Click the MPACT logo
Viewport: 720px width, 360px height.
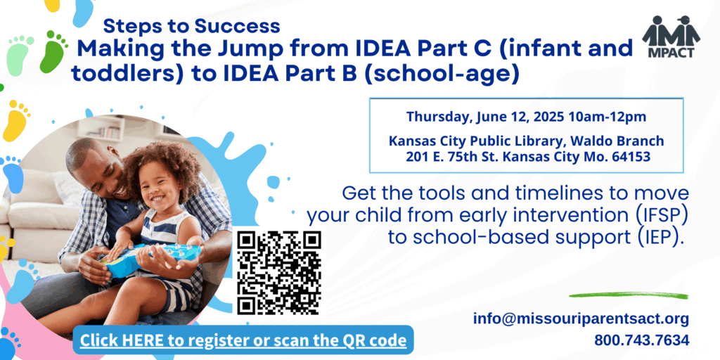click(671, 37)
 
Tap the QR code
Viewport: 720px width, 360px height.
click(279, 272)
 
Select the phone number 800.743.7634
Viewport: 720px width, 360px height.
click(641, 340)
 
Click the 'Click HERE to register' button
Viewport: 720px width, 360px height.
click(243, 340)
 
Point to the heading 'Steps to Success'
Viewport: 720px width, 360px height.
click(191, 26)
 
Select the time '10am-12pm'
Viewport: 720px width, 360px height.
click(607, 117)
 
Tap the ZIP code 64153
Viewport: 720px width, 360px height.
click(631, 157)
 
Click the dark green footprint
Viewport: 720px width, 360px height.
click(53, 51)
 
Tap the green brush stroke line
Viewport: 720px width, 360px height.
click(629, 295)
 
